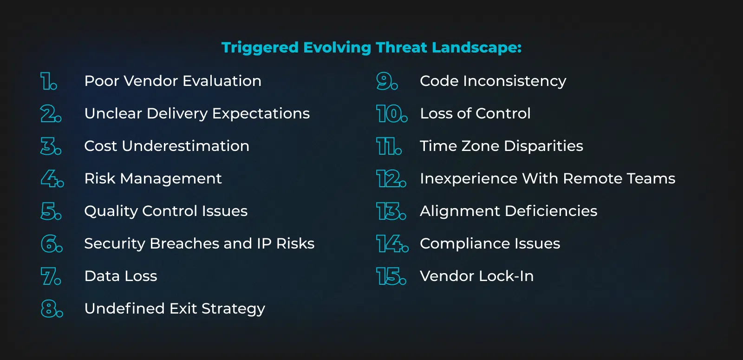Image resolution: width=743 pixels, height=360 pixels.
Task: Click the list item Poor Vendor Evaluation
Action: (x=173, y=81)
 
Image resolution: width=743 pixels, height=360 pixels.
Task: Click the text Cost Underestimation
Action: (x=167, y=146)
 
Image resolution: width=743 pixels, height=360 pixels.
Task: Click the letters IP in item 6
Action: (x=264, y=243)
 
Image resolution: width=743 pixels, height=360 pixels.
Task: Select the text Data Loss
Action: (x=121, y=276)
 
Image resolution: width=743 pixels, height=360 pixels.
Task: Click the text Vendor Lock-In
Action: (x=476, y=276)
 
